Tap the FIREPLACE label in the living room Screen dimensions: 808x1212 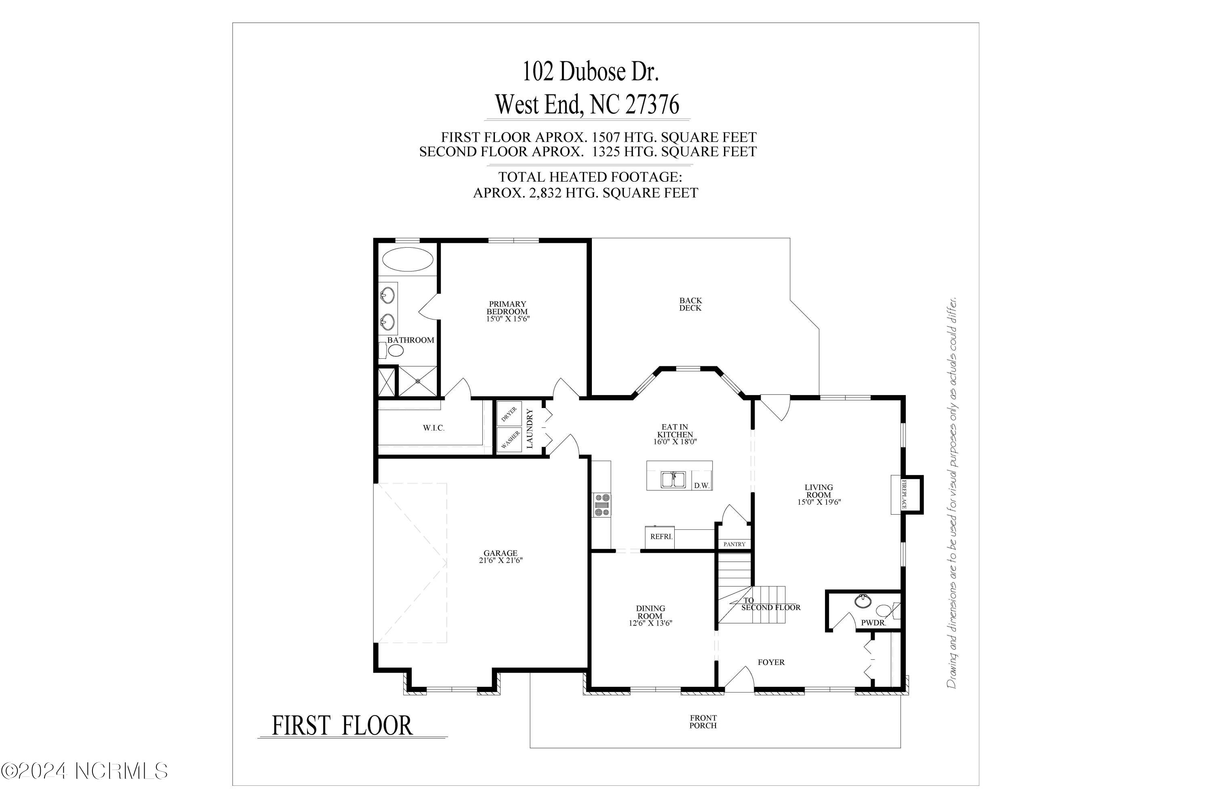click(x=904, y=494)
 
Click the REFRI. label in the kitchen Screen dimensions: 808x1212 click(x=661, y=537)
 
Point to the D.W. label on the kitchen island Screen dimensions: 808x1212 click(x=701, y=486)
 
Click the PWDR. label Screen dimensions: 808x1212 click(x=873, y=623)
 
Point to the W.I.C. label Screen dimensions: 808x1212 click(x=433, y=428)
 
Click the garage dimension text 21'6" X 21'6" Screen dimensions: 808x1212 click(x=501, y=561)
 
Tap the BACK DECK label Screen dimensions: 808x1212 click(x=690, y=304)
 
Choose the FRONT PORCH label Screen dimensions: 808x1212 click(x=703, y=722)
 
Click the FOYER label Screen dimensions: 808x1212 click(x=771, y=662)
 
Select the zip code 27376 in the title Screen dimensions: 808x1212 click(x=652, y=105)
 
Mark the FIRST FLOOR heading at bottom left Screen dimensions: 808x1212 click(x=342, y=726)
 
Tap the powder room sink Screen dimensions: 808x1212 click(x=862, y=600)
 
